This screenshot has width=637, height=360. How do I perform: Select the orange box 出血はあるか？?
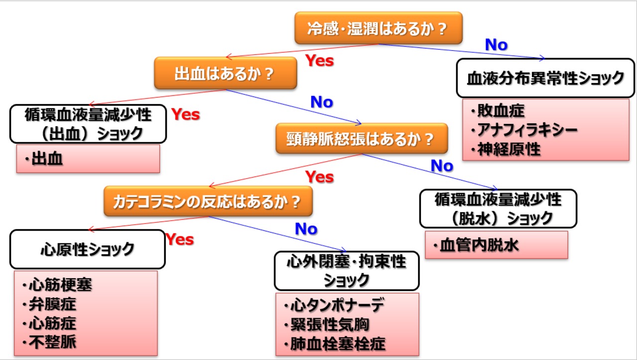225,73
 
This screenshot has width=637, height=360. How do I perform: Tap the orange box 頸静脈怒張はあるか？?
362,138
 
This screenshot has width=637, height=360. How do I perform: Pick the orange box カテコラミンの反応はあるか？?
208,201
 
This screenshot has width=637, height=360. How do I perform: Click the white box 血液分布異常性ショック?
545,78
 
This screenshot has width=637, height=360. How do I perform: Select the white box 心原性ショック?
87,249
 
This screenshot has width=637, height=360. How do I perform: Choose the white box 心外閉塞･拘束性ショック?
346,270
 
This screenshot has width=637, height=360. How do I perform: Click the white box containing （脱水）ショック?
498,208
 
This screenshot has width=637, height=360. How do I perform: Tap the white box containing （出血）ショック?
88,123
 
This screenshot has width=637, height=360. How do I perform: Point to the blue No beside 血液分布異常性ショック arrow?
496,45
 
